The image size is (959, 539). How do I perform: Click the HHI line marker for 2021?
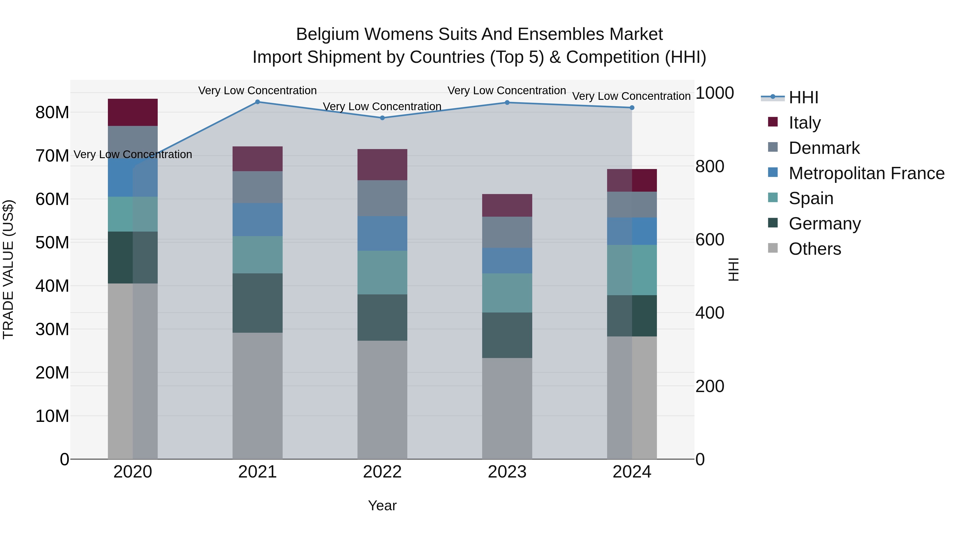[x=257, y=102]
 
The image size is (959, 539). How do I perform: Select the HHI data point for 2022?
[x=382, y=118]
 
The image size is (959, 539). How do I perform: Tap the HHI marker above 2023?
[x=507, y=103]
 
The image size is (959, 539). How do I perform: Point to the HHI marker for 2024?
[x=632, y=108]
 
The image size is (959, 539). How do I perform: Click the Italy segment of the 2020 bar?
[x=133, y=112]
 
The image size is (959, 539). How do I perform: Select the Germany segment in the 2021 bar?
[x=257, y=303]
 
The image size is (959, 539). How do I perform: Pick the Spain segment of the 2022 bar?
[x=382, y=273]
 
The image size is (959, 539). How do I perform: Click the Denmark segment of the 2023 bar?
[x=507, y=232]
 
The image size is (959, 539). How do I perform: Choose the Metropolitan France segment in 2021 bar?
[x=257, y=220]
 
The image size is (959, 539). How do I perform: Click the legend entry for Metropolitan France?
[x=866, y=173]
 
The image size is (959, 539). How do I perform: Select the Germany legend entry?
[x=824, y=224]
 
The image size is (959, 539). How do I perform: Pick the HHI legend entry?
[x=803, y=97]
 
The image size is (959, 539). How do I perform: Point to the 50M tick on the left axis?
[x=52, y=242]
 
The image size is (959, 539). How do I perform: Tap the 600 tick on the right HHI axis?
[x=710, y=240]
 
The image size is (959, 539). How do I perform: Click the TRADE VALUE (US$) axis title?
[x=8, y=269]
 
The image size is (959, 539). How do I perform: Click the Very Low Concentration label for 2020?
[x=133, y=154]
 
